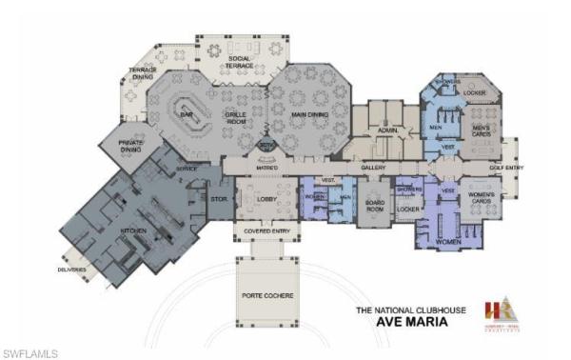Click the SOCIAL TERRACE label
click(239, 63)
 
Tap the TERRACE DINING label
click(143, 75)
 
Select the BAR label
click(187, 113)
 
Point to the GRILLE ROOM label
click(236, 117)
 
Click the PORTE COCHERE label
click(267, 296)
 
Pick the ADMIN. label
click(386, 131)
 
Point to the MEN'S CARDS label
click(482, 130)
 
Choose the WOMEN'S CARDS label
click(482, 202)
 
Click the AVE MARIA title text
click(401, 322)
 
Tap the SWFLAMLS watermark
click(30, 353)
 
